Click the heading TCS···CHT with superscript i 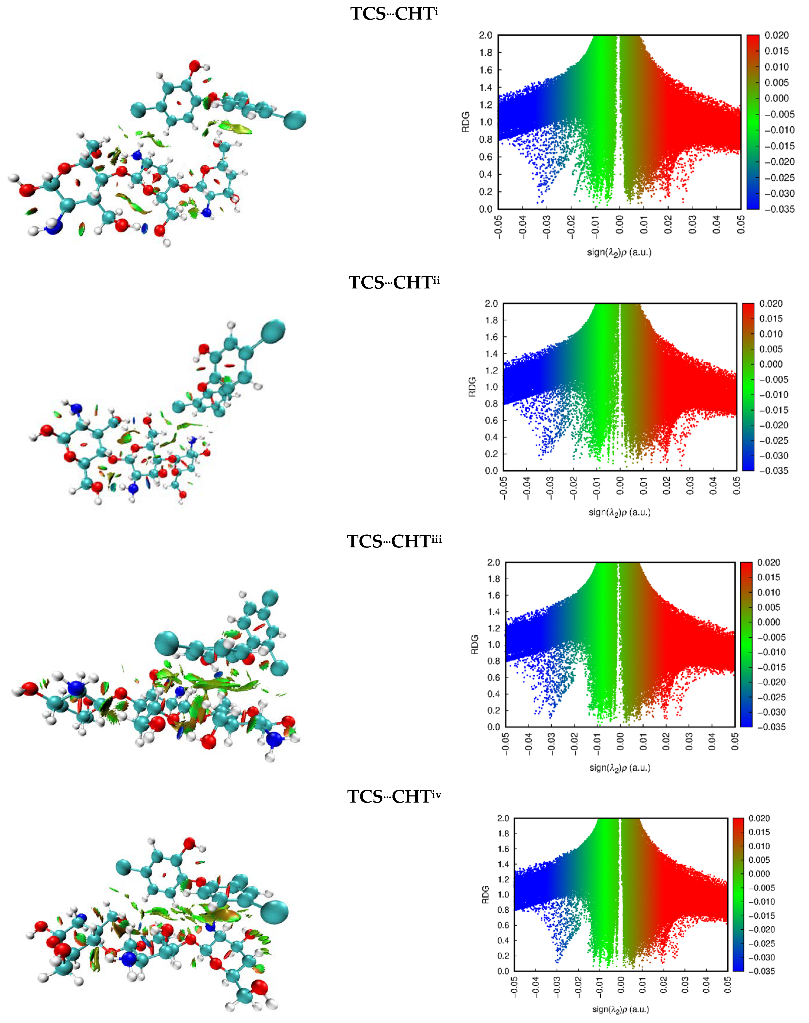(x=394, y=14)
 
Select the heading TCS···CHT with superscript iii (x=394, y=541)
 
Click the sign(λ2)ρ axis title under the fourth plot (x=620, y=1009)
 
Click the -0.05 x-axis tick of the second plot (x=504, y=488)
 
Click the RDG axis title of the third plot (x=475, y=645)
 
